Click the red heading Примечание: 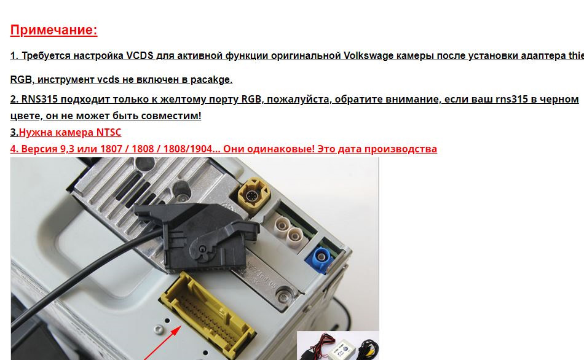click(53, 29)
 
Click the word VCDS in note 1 click(140, 55)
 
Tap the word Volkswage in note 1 click(368, 55)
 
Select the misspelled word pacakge click(211, 79)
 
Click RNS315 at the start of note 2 click(39, 99)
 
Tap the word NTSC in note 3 click(109, 132)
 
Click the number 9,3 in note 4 click(67, 149)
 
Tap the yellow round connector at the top click(254, 195)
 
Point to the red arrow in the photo click(162, 343)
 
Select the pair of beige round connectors click(288, 229)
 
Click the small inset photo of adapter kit click(338, 345)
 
